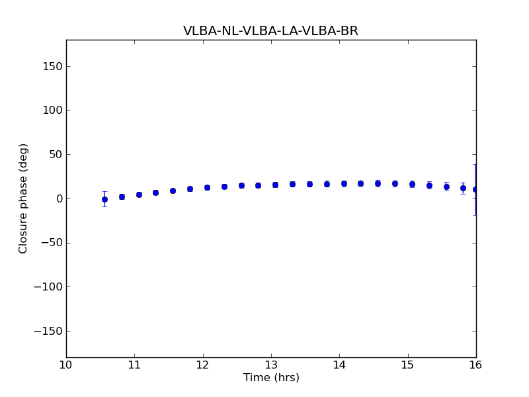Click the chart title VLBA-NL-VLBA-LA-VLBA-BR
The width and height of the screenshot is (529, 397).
click(270, 31)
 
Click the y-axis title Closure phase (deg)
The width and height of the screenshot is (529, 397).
click(24, 198)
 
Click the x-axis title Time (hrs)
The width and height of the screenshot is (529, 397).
click(271, 378)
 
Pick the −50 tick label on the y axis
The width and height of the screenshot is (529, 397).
click(51, 243)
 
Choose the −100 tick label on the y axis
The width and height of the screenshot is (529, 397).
click(48, 287)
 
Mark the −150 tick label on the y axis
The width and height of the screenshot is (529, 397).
click(48, 331)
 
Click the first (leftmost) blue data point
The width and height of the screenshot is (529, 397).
click(104, 199)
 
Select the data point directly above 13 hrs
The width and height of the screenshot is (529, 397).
click(275, 185)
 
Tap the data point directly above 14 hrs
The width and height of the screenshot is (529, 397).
click(344, 183)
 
